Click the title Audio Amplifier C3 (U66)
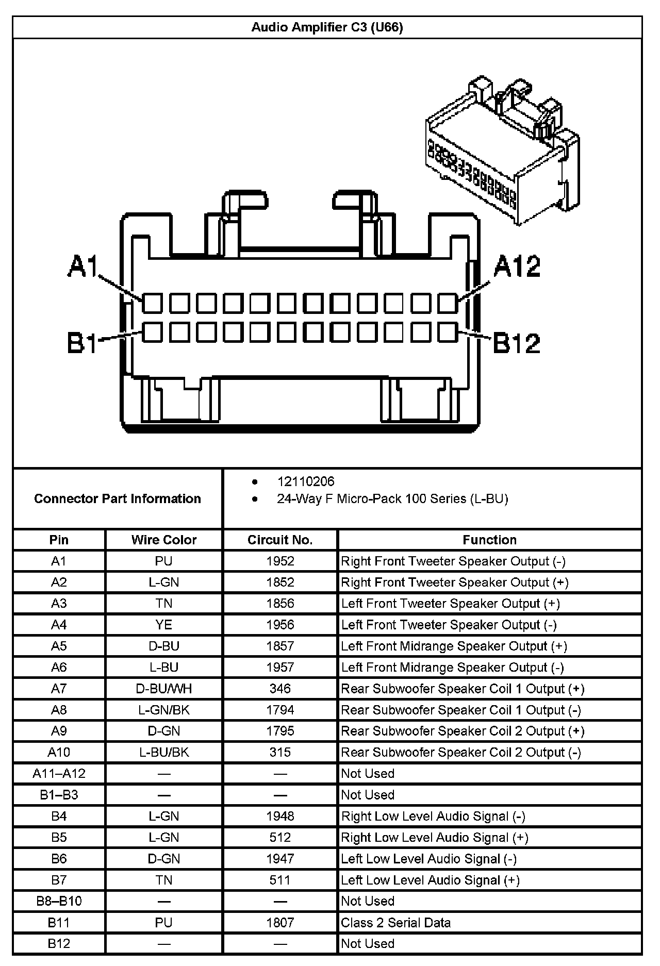[x=327, y=27]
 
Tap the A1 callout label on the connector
[x=82, y=267]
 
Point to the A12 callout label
[x=517, y=267]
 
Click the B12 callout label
[x=517, y=343]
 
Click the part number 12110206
[x=306, y=481]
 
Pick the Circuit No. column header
[x=280, y=540]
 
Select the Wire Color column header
[x=164, y=540]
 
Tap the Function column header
[x=489, y=540]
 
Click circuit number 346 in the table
[x=280, y=688]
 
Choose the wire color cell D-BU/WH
[x=164, y=688]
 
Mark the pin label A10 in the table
[x=59, y=752]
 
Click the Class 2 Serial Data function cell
[x=395, y=922]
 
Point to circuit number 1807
[x=280, y=922]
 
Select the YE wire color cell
[x=164, y=625]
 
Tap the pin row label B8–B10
[x=59, y=901]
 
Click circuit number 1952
[x=280, y=561]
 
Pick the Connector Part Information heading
[x=118, y=498]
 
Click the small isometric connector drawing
[x=503, y=149]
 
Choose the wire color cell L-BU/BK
[x=164, y=752]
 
